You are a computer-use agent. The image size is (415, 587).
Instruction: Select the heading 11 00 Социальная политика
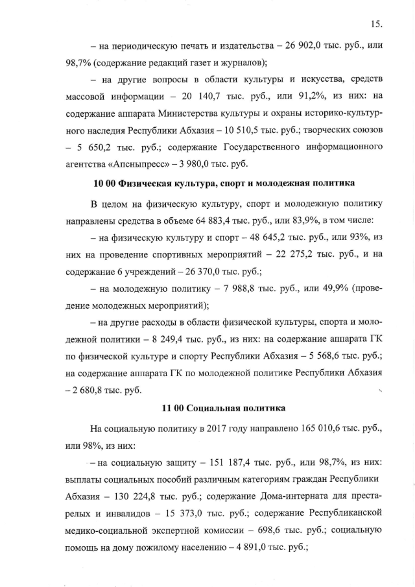[213, 409]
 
